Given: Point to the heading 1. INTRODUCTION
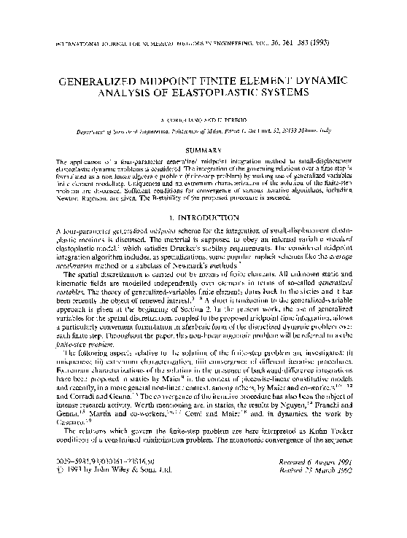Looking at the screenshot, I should click(204, 217).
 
